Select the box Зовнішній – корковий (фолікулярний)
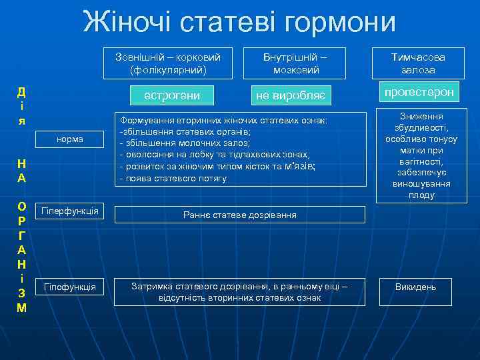(x=168, y=63)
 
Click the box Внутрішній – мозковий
(x=295, y=63)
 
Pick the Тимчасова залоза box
(x=418, y=63)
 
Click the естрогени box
(x=172, y=96)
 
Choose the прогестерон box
(x=417, y=92)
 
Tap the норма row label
(x=70, y=139)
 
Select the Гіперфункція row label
(x=70, y=211)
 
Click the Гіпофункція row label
(x=70, y=287)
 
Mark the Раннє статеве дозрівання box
(x=240, y=215)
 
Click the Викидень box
(x=415, y=287)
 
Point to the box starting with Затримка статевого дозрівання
(x=239, y=291)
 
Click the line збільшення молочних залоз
(x=185, y=143)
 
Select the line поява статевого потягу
(x=173, y=179)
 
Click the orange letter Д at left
(x=21, y=92)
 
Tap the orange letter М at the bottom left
(x=21, y=308)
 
